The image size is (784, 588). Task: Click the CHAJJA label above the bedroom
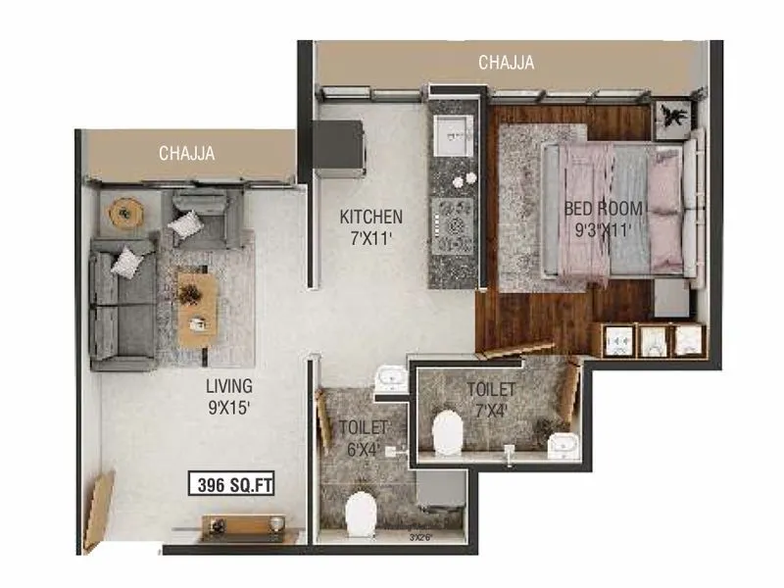pos(506,63)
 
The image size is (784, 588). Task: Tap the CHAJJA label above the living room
pos(186,153)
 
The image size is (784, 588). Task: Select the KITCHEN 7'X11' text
pos(370,225)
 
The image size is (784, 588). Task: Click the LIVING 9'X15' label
pos(228,394)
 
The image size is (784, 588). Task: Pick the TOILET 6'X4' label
pos(364,436)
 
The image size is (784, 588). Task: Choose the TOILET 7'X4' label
pos(490,398)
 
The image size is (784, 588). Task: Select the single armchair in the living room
pos(201,220)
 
